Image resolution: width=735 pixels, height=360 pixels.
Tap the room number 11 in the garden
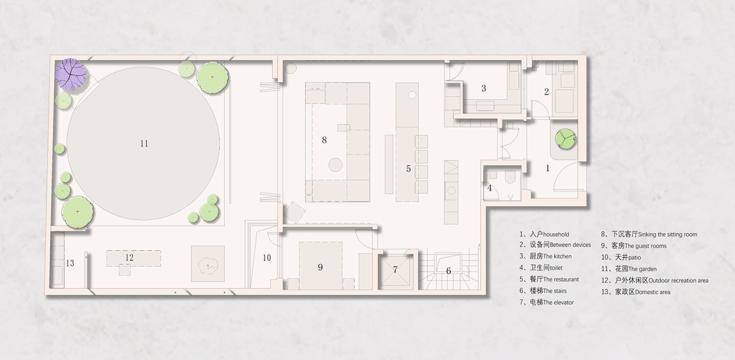(144, 144)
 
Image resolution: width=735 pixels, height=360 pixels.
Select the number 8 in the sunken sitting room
(324, 140)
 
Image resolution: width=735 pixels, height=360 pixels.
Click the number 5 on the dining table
(408, 169)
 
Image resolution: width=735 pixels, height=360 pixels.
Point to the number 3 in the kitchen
(483, 88)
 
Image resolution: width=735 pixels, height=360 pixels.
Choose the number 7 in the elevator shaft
(395, 270)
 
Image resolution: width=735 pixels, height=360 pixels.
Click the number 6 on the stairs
(448, 271)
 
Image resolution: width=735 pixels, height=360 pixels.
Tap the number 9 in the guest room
(320, 267)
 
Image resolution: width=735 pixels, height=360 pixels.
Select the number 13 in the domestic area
(70, 263)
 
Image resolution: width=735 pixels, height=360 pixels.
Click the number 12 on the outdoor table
(129, 258)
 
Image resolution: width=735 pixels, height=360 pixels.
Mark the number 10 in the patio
(267, 258)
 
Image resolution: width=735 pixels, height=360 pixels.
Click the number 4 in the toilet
(489, 188)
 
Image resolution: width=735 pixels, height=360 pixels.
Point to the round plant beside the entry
(565, 139)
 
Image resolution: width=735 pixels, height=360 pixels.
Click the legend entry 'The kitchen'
(557, 256)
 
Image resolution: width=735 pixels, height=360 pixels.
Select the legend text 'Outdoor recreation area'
(678, 280)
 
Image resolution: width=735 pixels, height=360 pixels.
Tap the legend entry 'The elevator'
(558, 302)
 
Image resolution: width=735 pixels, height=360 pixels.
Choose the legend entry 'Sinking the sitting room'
(668, 234)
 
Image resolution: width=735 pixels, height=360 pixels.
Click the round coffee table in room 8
(335, 165)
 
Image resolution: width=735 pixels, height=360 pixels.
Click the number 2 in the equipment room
(546, 92)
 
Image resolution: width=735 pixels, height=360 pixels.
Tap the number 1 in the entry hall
(547, 168)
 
